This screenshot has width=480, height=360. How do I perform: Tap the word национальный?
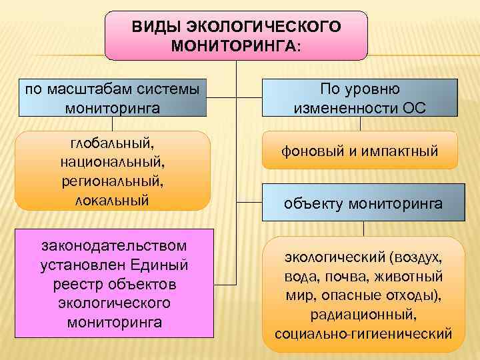point(112,162)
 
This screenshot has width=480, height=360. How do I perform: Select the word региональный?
point(112,181)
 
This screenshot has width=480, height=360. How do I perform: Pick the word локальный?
point(112,199)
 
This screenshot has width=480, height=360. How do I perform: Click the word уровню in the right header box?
point(381,89)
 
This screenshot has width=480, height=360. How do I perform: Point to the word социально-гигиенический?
point(363,333)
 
